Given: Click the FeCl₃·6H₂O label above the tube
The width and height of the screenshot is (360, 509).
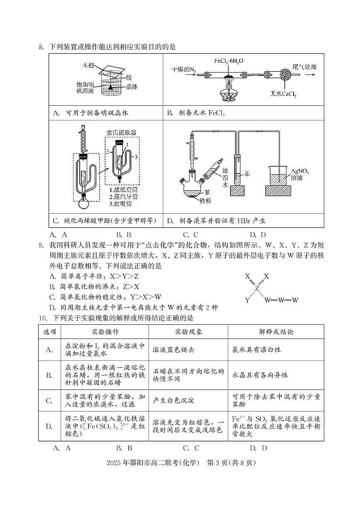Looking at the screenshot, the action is (x=229, y=61).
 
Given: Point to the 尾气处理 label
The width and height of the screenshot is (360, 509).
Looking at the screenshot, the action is (x=304, y=67).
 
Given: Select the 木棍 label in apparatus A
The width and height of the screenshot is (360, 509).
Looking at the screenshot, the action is (x=89, y=65).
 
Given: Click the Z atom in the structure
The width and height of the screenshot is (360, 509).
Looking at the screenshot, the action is (x=257, y=288).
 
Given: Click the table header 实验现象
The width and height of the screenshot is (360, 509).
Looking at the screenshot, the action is (x=188, y=332).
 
